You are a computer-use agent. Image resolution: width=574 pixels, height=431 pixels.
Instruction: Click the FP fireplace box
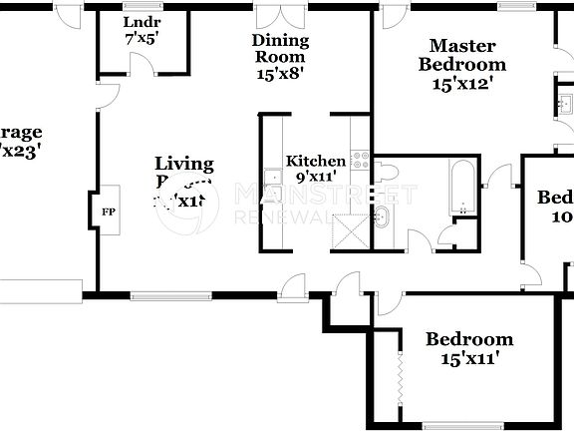pos(107,212)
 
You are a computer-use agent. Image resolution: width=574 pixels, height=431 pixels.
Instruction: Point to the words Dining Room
pos(280,49)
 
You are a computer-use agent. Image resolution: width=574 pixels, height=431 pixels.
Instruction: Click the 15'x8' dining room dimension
pos(280,72)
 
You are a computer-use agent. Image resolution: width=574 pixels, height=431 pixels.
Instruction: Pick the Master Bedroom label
pos(461,54)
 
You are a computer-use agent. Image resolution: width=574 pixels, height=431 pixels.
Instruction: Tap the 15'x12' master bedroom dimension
pos(461,84)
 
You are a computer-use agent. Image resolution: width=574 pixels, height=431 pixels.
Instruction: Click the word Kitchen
pos(316,161)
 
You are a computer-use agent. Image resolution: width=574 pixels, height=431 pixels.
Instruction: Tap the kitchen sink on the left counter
pos(272,179)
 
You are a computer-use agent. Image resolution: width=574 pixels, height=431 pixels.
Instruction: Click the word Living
pos(183,163)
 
